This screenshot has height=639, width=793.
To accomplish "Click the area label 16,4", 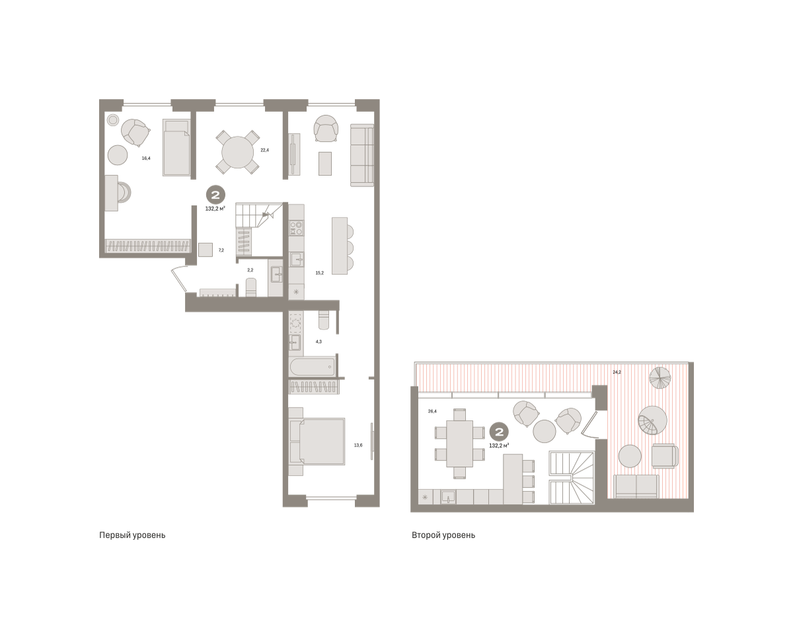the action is tap(146, 158).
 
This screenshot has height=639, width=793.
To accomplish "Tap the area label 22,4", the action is tap(264, 150).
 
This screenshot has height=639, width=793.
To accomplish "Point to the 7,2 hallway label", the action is tap(221, 250).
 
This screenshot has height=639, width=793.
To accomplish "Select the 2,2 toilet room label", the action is tap(250, 270).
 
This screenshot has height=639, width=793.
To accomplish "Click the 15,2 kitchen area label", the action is tap(319, 273).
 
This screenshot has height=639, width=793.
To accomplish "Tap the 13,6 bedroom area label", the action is tap(358, 445).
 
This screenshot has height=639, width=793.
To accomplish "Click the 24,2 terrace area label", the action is tap(617, 372).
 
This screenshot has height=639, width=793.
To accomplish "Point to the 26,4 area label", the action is tap(432, 411).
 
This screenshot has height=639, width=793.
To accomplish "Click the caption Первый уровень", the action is tap(132, 535).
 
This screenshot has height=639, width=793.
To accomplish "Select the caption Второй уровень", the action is tap(443, 535).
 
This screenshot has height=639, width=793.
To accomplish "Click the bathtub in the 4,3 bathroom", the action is tap(313, 367).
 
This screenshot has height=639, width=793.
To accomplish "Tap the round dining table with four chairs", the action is tap(238, 152).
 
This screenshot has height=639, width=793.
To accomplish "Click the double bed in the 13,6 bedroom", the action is tap(317, 441).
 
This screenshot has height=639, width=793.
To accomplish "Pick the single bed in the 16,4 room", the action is tap(176, 147).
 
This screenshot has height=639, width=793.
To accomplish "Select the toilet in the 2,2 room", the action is tap(251, 287).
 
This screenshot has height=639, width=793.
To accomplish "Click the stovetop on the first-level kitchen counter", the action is tap(296, 227).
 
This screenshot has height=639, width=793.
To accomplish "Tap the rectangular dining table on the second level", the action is tap(459, 443).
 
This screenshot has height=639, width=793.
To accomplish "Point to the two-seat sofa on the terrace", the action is tap(636, 486).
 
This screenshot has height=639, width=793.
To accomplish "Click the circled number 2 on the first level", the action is tap(215, 194).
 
